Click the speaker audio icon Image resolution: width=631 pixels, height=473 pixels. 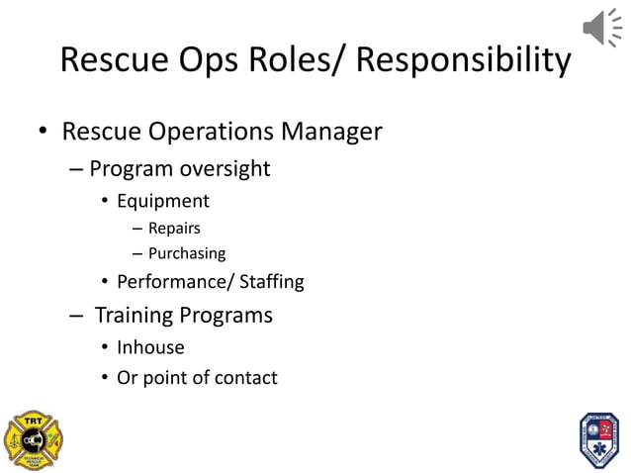point(601,27)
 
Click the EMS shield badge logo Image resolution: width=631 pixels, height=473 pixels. point(597,438)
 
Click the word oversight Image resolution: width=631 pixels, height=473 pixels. point(225,168)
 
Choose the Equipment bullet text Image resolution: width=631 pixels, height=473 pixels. point(163,201)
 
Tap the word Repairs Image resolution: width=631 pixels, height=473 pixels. point(174,229)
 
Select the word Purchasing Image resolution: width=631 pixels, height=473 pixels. point(187,253)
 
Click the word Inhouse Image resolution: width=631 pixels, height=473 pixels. point(150,347)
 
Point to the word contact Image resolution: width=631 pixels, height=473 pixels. point(242,377)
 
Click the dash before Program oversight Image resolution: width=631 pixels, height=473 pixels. point(77,169)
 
